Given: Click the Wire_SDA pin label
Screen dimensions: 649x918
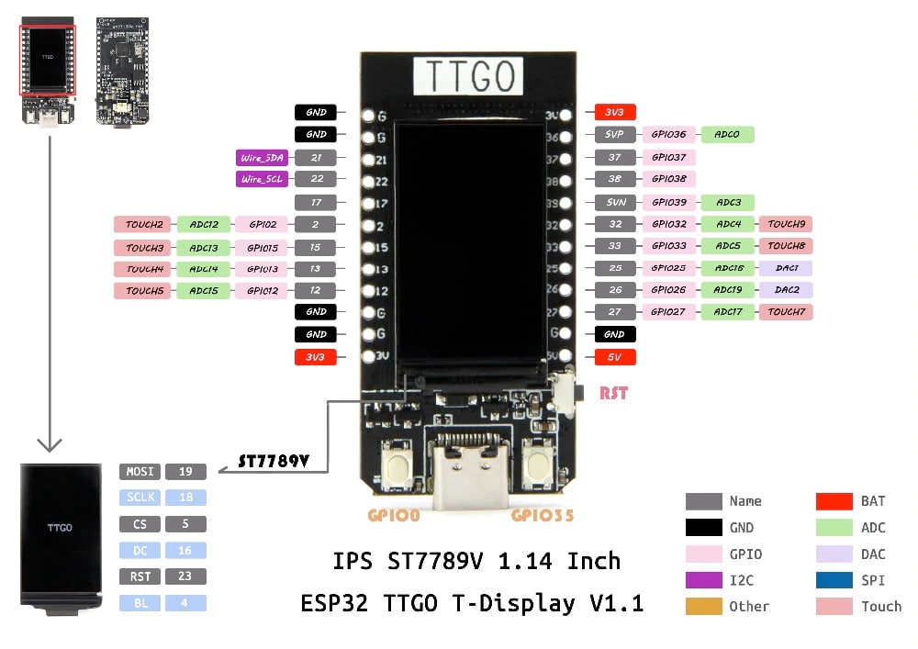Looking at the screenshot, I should click(x=262, y=158).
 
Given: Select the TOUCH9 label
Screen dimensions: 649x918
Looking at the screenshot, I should click(x=786, y=224).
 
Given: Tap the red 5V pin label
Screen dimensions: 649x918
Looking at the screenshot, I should click(x=614, y=357).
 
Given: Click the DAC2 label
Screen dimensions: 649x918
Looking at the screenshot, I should click(x=786, y=290).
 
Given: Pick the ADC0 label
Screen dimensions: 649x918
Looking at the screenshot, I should click(x=727, y=135).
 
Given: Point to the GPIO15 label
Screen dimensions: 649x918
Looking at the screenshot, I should click(x=262, y=248).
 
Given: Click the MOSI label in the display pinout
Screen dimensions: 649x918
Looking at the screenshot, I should click(x=140, y=472).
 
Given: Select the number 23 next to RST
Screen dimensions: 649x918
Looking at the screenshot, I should click(x=185, y=576).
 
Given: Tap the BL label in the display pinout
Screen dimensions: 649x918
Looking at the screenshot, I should click(x=140, y=603).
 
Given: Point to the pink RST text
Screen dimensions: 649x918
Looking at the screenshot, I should click(x=613, y=393).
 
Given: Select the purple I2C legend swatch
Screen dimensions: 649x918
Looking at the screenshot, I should click(x=703, y=580).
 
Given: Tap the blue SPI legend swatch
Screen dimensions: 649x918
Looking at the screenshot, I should click(x=834, y=580).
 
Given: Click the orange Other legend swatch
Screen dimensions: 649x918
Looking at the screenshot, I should click(x=703, y=607).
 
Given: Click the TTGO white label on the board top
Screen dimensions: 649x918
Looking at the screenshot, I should click(x=469, y=76).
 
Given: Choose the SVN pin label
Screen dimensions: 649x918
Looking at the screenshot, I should click(x=614, y=202).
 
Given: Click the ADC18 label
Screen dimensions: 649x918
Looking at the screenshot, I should click(x=727, y=268).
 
